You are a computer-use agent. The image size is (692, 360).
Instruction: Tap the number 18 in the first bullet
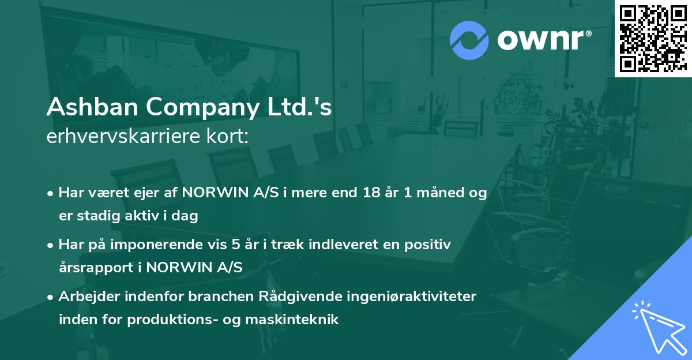[367, 193]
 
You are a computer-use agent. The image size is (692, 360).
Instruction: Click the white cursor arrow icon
[657, 328]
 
